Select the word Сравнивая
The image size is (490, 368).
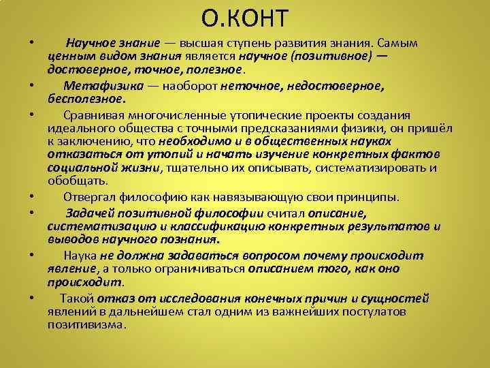point(93,113)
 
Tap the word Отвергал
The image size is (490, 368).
point(90,198)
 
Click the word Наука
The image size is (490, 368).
point(80,256)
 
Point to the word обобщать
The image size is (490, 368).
point(77,181)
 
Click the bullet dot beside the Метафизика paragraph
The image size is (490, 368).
point(32,87)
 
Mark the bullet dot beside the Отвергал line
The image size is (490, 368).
point(32,197)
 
